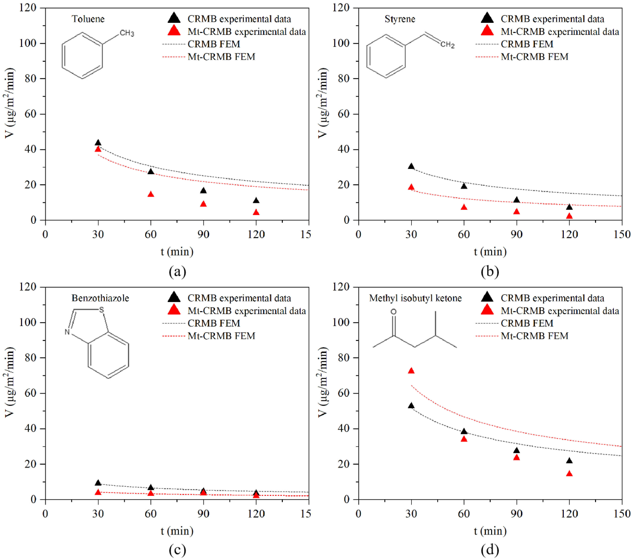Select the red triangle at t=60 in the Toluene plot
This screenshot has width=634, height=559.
[151, 194]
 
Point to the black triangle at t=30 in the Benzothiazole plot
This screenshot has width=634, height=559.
[98, 483]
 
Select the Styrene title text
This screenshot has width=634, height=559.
[400, 19]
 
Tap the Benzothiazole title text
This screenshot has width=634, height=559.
[100, 298]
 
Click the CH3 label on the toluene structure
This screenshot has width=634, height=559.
[127, 33]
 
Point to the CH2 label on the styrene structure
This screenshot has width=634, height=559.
[447, 45]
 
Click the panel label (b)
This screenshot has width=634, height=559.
[490, 272]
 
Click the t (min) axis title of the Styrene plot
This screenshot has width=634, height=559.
[490, 252]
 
